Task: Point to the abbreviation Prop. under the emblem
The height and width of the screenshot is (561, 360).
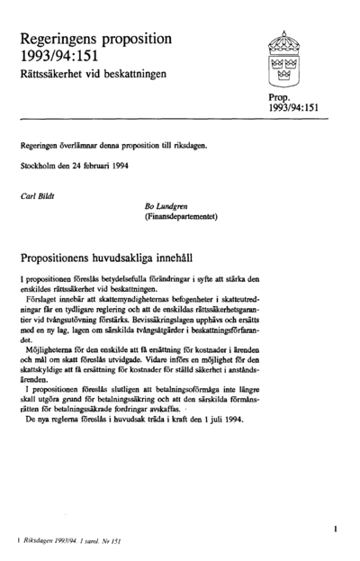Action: click(280, 96)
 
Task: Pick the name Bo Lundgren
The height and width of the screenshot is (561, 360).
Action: click(166, 207)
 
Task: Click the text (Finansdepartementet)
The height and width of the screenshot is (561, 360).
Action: click(184, 218)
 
